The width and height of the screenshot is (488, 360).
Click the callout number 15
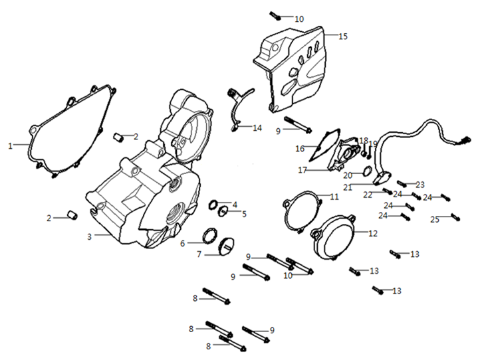343,36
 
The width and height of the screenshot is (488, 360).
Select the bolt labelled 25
455,216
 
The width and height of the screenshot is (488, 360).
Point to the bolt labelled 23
402,183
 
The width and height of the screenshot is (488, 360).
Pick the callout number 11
334,196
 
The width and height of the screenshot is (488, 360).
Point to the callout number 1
10,145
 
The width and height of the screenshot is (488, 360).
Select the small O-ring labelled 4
216,203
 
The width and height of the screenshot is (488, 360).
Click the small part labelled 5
225,213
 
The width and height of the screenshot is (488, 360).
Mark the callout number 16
300,148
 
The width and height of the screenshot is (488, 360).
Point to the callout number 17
303,170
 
